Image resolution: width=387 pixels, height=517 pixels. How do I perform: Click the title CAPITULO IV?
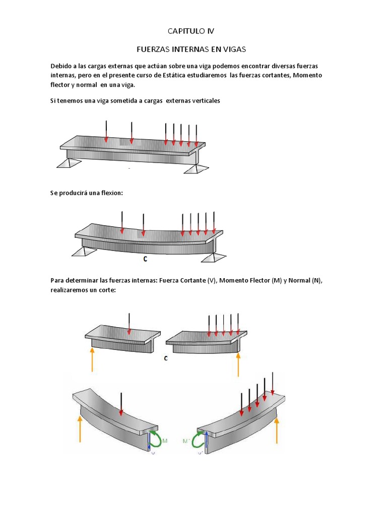pyautogui.click(x=191, y=31)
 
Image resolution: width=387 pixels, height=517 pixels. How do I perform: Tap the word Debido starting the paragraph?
pyautogui.click(x=61, y=66)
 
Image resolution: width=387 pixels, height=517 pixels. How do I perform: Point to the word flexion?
pyautogui.click(x=111, y=193)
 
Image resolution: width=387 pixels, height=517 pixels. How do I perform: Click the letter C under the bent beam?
pyautogui.click(x=145, y=259)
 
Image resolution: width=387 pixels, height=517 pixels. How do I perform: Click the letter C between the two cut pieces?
pyautogui.click(x=166, y=358)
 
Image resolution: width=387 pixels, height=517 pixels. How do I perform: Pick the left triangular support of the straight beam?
pyautogui.click(x=68, y=163)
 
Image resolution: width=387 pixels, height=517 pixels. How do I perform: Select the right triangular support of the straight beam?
pyautogui.click(x=198, y=168)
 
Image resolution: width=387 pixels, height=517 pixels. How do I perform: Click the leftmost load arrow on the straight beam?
pyautogui.click(x=106, y=131)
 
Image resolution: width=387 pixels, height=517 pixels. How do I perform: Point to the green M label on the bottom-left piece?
pyautogui.click(x=165, y=441)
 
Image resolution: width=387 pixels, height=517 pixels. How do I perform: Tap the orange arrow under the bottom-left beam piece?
pyautogui.click(x=80, y=428)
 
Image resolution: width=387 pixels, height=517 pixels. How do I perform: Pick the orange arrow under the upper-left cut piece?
pyautogui.click(x=92, y=359)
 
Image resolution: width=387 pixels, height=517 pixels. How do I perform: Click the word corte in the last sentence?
pyautogui.click(x=107, y=290)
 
